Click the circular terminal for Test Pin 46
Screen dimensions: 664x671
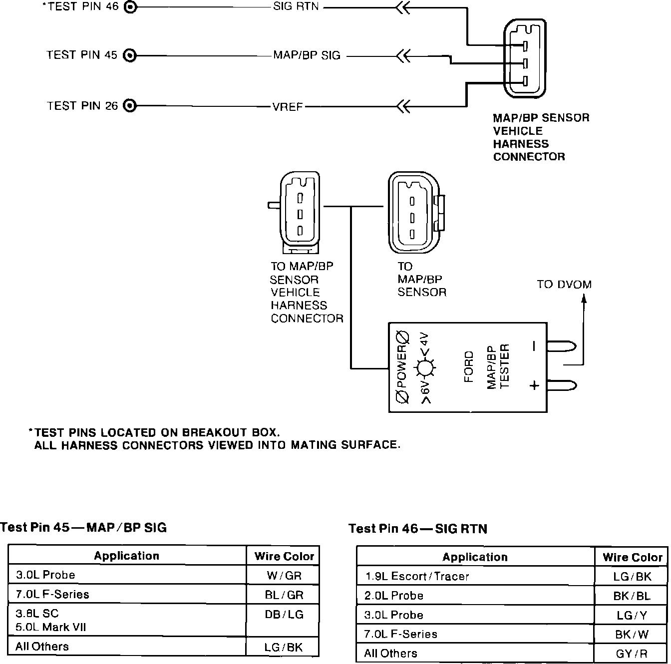click(129, 7)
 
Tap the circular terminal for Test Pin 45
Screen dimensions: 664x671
click(129, 55)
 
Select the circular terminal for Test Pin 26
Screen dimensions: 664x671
click(129, 106)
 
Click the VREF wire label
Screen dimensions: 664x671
click(288, 107)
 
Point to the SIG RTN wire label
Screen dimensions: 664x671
click(296, 7)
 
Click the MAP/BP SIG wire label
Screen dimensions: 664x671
click(307, 55)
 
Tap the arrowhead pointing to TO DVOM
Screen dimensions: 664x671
click(584, 299)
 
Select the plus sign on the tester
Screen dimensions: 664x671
click(534, 385)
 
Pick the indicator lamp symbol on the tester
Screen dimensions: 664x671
click(425, 368)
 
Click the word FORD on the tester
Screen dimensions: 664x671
click(469, 367)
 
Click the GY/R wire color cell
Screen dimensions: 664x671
click(632, 654)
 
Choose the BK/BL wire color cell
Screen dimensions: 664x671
click(632, 596)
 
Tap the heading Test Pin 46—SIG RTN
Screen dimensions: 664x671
click(418, 529)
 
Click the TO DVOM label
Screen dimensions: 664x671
click(564, 285)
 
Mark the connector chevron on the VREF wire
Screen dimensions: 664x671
click(402, 106)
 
